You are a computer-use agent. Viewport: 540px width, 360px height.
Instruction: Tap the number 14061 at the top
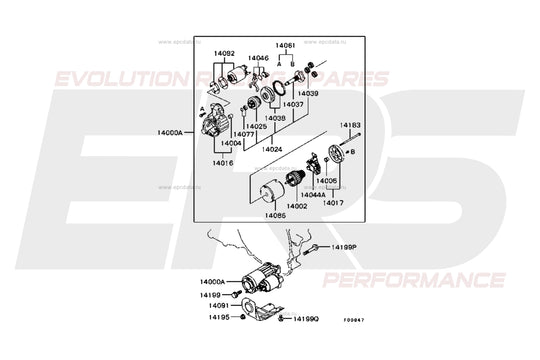point(286,46)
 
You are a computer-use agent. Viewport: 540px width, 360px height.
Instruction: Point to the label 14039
point(307,93)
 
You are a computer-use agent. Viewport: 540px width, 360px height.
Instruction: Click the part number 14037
point(293,104)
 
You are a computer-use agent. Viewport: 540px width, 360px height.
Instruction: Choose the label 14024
point(275,149)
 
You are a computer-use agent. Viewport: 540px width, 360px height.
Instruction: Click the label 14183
point(349,126)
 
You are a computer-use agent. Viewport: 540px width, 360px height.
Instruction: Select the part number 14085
point(276,215)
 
